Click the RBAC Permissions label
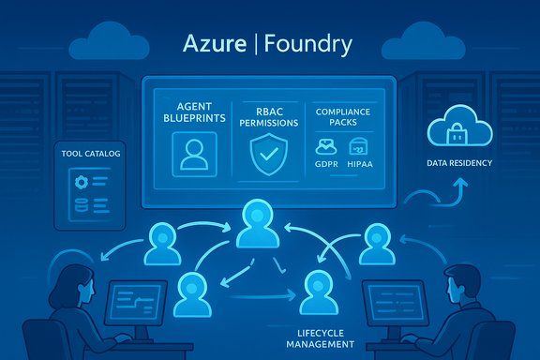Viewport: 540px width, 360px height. click(x=268, y=114)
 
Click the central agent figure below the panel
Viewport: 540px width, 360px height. click(x=258, y=225)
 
